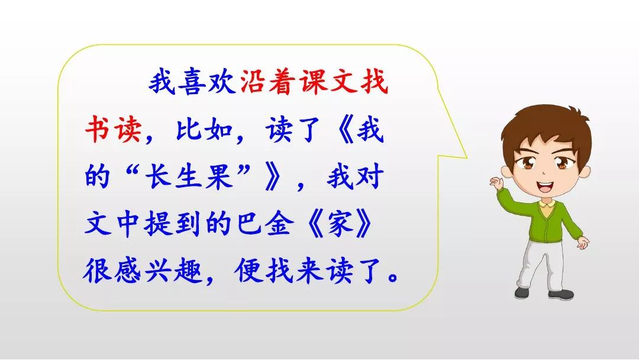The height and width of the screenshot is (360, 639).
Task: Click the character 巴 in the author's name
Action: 249,223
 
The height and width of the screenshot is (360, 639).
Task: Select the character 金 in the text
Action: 279,223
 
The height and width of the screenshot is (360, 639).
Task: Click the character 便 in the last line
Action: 249,270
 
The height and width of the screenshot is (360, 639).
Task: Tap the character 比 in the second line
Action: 189,129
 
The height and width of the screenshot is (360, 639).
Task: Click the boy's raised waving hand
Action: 496,182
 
